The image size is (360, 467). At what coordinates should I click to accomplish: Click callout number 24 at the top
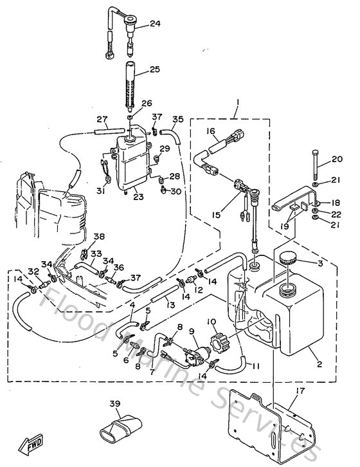tap(155, 24)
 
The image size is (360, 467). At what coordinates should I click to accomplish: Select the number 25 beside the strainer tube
tap(155, 69)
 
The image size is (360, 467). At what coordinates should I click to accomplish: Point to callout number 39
tap(115, 403)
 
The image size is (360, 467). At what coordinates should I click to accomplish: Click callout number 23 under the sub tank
tap(138, 198)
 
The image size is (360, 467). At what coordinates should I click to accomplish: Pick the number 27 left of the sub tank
tap(102, 119)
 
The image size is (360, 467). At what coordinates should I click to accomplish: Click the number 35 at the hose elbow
tap(178, 119)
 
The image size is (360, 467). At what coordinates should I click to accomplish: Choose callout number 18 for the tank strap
tap(336, 202)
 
